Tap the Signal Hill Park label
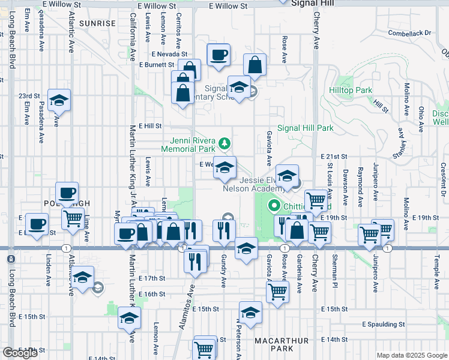(306, 128)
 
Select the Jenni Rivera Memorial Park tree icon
(224, 143)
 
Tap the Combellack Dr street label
(410, 32)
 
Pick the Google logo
(20, 353)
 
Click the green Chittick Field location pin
(274, 206)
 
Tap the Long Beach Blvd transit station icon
(10, 259)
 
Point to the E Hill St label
(151, 126)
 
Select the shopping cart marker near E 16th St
(277, 292)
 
